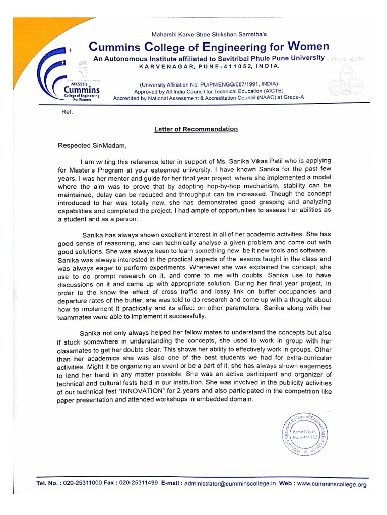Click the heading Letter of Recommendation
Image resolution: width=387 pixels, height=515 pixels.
196,129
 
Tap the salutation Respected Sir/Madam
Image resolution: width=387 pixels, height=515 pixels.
89,146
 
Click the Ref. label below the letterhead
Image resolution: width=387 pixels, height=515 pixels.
67,112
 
